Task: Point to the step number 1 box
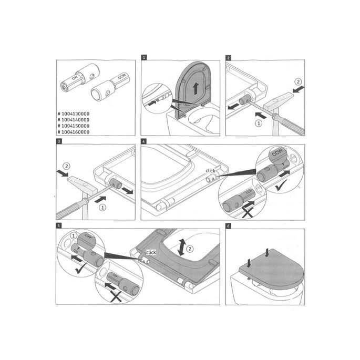click(144, 57)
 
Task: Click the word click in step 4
click(211, 171)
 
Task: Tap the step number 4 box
click(145, 142)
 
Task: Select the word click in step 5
click(151, 252)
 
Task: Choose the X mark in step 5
click(115, 297)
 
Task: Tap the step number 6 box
click(228, 226)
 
